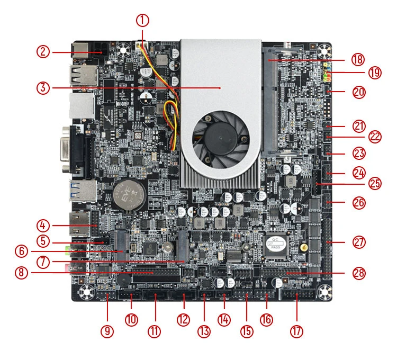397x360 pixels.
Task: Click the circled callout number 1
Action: point(142,21)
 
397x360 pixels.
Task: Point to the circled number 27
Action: point(359,242)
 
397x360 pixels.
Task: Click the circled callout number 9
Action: point(107,331)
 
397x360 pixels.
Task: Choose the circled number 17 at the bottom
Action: point(297,331)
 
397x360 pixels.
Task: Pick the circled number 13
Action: point(204,331)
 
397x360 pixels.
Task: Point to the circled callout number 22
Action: point(375,137)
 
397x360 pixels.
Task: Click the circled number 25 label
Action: point(375,183)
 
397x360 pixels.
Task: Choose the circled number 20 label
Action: point(359,92)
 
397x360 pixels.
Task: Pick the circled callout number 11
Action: point(154,331)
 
